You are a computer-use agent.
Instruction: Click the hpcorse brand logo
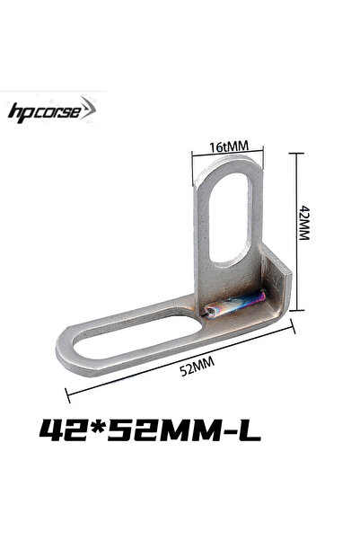click(52, 111)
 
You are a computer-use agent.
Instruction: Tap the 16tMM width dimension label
click(229, 146)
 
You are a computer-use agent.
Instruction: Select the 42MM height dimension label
click(304, 223)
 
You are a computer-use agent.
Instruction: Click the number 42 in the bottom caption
click(63, 430)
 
